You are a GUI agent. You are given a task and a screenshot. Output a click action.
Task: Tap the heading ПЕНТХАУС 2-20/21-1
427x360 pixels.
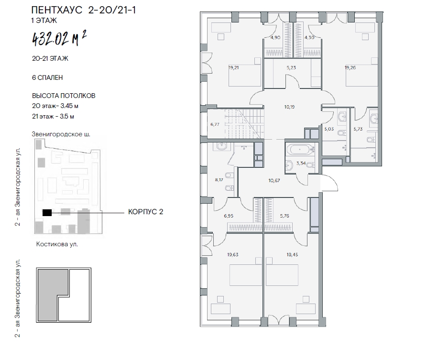click(84, 10)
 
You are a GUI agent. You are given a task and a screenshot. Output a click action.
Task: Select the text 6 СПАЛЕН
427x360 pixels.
click(47, 77)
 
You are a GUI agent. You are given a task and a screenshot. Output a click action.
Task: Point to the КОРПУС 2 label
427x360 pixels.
click(146, 212)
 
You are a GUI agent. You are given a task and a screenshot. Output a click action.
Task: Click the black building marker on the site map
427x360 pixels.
click(47, 213)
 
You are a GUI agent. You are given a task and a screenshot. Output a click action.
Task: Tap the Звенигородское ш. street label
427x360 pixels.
click(61, 134)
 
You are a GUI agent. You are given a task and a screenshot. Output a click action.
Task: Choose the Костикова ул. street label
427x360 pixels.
click(57, 244)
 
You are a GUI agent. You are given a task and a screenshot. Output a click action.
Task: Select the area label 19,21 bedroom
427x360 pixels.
click(234, 67)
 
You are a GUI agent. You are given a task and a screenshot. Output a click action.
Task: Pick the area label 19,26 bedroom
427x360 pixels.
click(350, 67)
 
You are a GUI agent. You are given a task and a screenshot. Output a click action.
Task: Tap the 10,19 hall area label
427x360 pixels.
click(289, 107)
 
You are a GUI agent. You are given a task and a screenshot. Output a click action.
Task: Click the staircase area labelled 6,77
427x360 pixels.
click(236, 124)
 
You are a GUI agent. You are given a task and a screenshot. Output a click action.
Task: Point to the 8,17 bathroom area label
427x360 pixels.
click(219, 180)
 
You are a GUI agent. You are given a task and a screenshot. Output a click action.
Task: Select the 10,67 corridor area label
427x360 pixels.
click(274, 181)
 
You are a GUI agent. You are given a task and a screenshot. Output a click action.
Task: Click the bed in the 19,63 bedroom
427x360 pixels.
click(246, 275)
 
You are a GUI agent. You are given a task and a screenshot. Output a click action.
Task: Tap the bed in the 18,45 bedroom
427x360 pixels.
click(282, 275)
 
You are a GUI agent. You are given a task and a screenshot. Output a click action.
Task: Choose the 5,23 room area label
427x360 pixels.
click(291, 67)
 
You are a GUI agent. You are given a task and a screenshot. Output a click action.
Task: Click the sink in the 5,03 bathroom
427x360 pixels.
click(341, 116)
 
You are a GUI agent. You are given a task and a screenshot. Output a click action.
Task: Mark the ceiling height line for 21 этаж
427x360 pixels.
click(53, 117)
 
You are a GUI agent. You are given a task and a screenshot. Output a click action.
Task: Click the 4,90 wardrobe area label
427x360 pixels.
click(275, 38)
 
